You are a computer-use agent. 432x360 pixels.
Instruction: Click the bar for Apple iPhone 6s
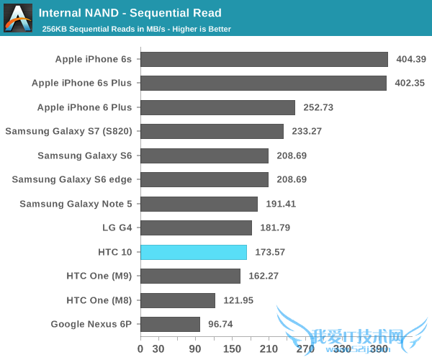(x=264, y=59)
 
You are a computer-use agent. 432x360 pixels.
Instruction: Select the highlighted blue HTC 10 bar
(x=194, y=252)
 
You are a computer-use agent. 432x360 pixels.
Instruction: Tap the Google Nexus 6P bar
(x=170, y=324)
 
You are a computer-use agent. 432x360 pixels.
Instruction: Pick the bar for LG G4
(x=196, y=228)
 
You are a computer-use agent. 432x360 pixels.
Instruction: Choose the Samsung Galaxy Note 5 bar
(x=199, y=204)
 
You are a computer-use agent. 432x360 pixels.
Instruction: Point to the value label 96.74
(x=220, y=324)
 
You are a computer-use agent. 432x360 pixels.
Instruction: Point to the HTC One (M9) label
(x=99, y=276)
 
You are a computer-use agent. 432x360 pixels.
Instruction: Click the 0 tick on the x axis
(x=140, y=349)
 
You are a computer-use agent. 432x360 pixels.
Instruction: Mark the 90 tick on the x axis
(x=195, y=349)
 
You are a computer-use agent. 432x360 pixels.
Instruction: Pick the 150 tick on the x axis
(x=232, y=349)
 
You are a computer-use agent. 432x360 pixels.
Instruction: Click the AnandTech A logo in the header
(x=17, y=18)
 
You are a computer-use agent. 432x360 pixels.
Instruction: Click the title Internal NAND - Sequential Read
(x=130, y=13)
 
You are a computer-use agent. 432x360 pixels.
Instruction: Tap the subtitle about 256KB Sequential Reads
(x=136, y=30)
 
